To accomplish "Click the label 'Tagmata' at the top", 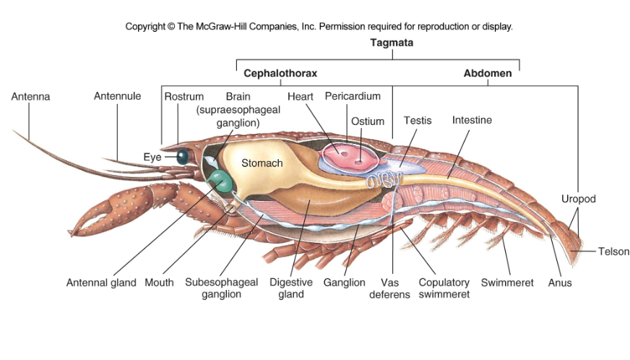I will click(392, 43).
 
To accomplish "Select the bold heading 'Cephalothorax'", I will click(280, 73).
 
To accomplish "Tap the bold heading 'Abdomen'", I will click(487, 73).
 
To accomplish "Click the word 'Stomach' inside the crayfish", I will click(262, 163).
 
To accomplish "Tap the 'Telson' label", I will click(613, 252).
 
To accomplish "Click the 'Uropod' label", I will click(578, 198).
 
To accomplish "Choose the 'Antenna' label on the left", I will click(30, 96).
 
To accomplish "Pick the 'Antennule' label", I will click(117, 96).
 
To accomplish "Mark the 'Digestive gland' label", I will click(290, 288).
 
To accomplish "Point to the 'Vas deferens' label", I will click(395, 288).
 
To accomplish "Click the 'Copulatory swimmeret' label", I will click(444, 288).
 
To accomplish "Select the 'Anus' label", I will click(560, 283).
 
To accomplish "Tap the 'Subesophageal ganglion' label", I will click(221, 288).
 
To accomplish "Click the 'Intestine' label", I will click(472, 120).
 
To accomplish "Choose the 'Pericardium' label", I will click(353, 96).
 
